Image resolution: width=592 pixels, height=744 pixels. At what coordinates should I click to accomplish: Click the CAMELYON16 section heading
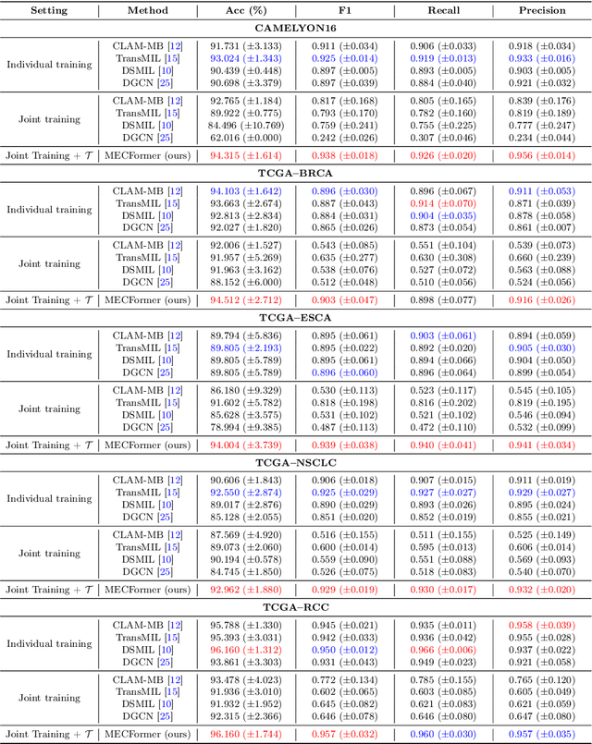[295, 29]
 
